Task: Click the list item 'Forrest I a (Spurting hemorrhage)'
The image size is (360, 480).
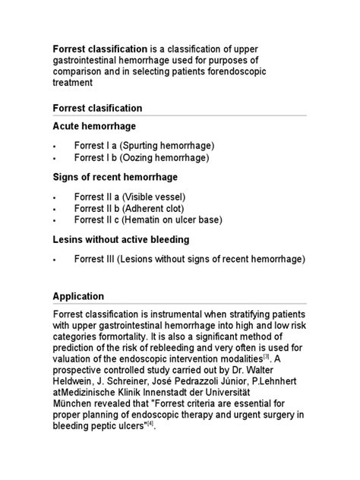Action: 144,144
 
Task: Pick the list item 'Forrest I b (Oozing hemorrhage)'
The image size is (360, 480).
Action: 141,157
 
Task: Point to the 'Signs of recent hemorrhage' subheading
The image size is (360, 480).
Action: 115,177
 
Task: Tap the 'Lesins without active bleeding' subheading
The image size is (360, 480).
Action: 121,240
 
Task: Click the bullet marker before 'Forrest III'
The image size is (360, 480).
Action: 55,259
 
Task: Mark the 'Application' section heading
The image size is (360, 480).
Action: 78,296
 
